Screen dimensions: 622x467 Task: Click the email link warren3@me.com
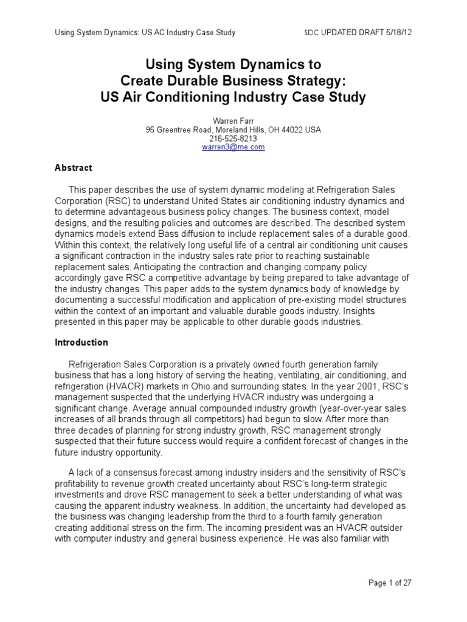point(233,147)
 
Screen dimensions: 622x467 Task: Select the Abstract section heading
point(74,168)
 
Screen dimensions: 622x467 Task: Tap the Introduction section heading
point(81,343)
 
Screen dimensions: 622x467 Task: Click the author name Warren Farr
point(233,121)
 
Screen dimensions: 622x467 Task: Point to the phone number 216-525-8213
point(233,138)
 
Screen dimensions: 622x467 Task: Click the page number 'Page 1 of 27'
point(390,583)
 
